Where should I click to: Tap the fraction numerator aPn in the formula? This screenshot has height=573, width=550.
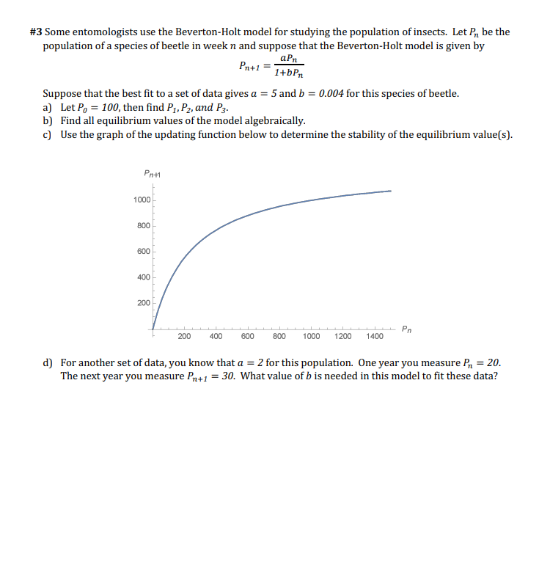tap(289, 59)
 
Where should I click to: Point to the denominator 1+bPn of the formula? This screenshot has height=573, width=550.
tap(289, 73)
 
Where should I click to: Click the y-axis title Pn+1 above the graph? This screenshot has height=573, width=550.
tap(153, 175)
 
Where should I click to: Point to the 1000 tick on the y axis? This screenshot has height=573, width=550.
tap(142, 200)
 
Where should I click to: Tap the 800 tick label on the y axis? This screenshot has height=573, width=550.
tap(144, 226)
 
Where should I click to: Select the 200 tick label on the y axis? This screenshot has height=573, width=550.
tap(144, 303)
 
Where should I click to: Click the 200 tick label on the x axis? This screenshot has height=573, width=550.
tap(185, 337)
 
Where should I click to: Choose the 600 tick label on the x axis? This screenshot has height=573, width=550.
tap(248, 337)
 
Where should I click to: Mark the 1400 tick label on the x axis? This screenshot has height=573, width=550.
tap(374, 337)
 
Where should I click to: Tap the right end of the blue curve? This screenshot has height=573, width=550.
tap(390, 191)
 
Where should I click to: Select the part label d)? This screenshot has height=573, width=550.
tap(48, 363)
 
